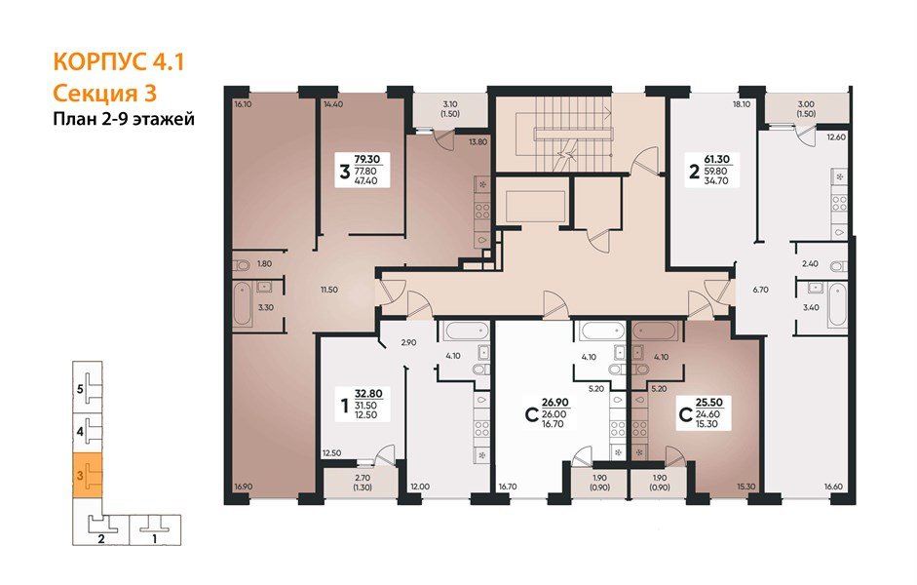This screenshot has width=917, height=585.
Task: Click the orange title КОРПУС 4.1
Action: coord(119,61)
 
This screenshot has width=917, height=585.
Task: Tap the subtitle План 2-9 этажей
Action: coord(124,119)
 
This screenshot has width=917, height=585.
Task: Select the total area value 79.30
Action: coord(366,159)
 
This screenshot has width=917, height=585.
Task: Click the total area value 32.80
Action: coord(368,394)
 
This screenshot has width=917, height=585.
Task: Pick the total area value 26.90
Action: coord(555,403)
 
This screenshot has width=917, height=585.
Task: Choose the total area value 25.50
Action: coord(709,403)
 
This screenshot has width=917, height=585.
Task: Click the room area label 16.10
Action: coord(242,105)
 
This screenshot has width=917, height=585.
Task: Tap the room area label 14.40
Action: coord(332,104)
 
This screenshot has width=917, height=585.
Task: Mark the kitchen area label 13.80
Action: coord(478,141)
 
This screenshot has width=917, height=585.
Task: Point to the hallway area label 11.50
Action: coord(328,290)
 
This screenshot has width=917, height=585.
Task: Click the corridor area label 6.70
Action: coord(760,290)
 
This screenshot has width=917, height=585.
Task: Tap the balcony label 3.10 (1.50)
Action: coord(449,109)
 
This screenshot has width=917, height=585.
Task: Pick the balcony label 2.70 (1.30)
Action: coord(363,482)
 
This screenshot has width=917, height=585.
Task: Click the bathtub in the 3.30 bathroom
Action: coord(244,303)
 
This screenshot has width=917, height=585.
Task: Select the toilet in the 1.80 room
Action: coord(241,265)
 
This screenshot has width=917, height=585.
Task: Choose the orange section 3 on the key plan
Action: coord(87,476)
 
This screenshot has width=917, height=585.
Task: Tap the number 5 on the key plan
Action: coord(80,388)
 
